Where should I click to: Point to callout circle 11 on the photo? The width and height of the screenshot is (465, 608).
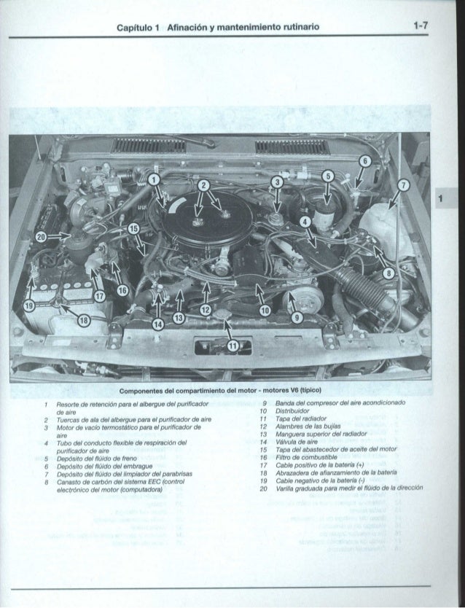coord(232,346)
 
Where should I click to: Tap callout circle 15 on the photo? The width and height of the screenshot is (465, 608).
coord(133,230)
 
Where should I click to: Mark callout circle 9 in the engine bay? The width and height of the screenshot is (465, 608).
coord(295,317)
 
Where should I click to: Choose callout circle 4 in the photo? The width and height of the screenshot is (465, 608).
coord(305,222)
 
